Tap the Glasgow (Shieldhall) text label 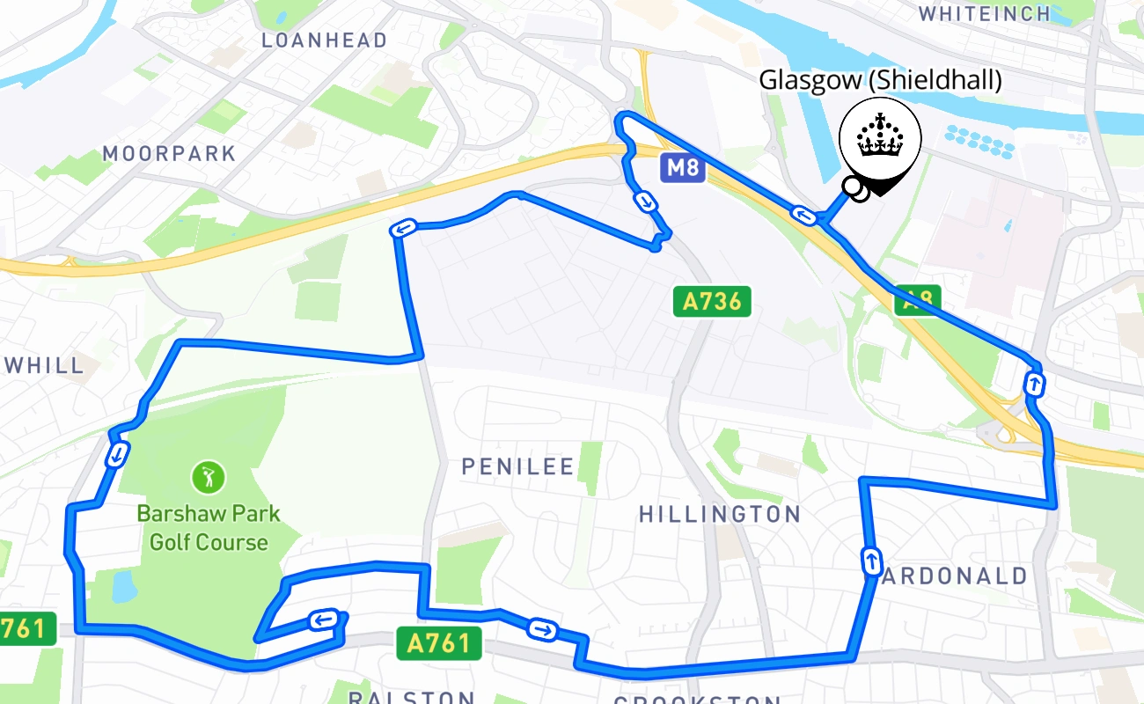[x=880, y=81]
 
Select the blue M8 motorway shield [x=682, y=168]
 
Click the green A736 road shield [x=712, y=302]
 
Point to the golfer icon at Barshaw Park [x=209, y=478]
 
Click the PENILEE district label [x=517, y=466]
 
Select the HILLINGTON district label [x=720, y=514]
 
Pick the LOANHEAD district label [x=324, y=40]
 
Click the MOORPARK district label [x=170, y=153]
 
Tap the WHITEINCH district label [x=985, y=13]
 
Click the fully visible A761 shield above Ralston [x=439, y=643]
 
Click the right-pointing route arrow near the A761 [x=542, y=629]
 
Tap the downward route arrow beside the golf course [x=116, y=455]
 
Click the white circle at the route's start [x=851, y=186]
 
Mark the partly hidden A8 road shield [x=917, y=301]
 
